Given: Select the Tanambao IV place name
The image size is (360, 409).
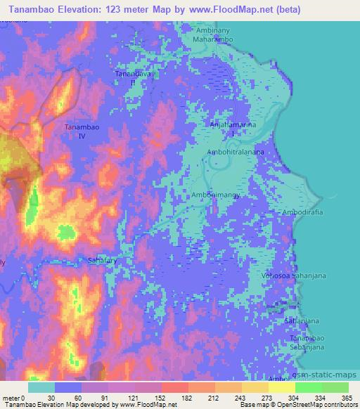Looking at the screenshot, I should [x=79, y=131].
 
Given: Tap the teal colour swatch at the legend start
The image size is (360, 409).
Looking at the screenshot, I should [x=41, y=387].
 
